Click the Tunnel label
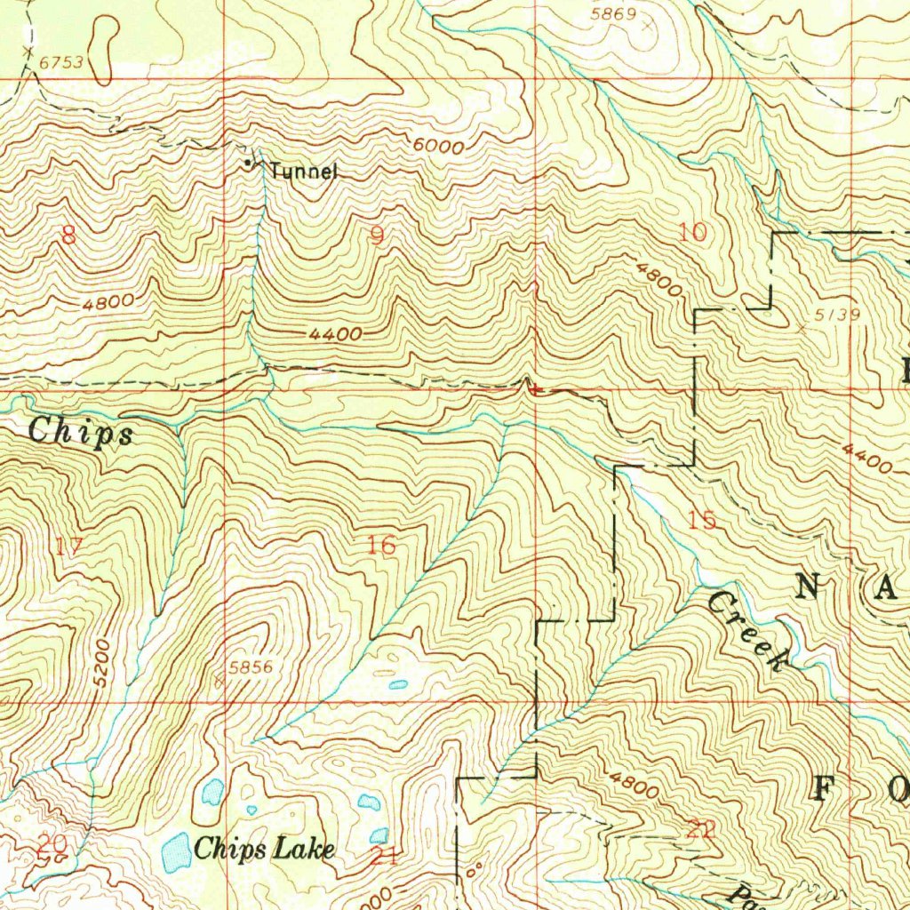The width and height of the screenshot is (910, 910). tap(304, 171)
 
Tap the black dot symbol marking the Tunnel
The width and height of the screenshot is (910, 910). tap(247, 164)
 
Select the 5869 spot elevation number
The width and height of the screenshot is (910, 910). tap(614, 13)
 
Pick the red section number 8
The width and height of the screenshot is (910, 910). tap(68, 235)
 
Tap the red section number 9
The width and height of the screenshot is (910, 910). tap(378, 236)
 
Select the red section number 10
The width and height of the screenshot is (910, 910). tap(692, 233)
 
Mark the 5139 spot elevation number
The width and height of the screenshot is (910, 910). tap(836, 316)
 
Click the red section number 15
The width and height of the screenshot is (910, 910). tap(702, 520)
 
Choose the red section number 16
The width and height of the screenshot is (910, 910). tap(381, 546)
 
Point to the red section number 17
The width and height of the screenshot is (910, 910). tap(68, 547)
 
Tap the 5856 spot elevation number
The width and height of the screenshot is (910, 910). tap(250, 667)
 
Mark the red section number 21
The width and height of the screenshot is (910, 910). tap(383, 857)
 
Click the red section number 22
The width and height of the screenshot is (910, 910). tap(700, 831)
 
